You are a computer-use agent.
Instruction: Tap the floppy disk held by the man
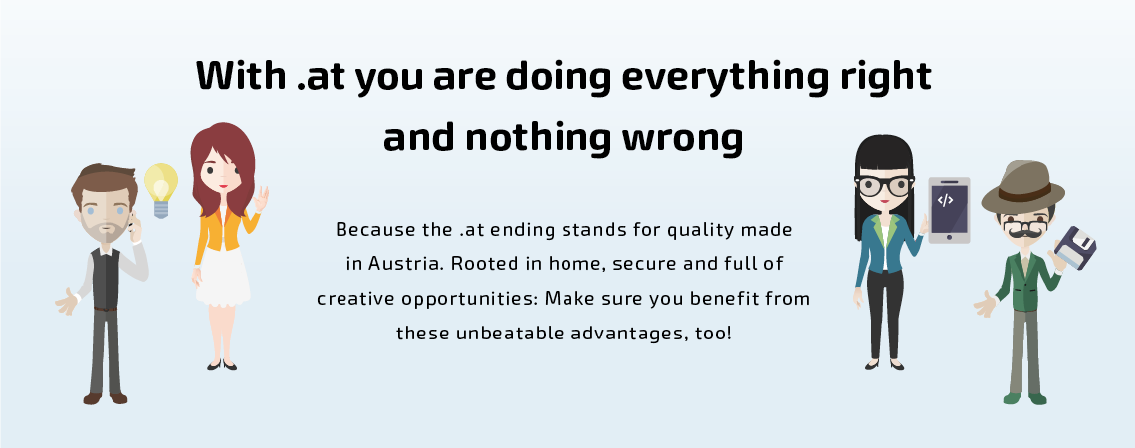click(1075, 248)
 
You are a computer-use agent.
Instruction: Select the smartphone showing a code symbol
click(949, 210)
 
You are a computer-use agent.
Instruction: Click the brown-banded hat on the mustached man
click(1022, 187)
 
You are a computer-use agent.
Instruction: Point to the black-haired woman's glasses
click(884, 186)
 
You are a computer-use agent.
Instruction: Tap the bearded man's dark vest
click(105, 278)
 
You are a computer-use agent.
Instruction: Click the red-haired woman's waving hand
click(261, 199)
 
